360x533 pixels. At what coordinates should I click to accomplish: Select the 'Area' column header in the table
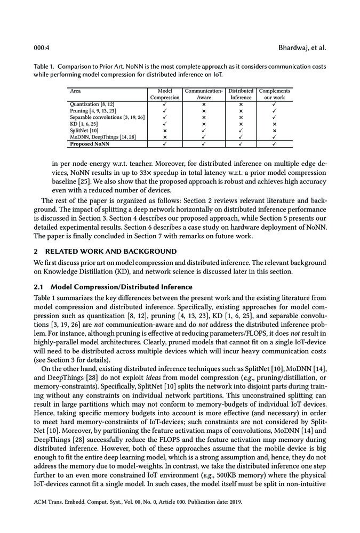[x=75, y=91]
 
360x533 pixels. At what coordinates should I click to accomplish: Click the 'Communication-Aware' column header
[x=204, y=94]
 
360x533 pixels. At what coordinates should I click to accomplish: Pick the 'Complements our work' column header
[x=274, y=94]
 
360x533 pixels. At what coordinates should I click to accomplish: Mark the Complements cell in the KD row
[x=274, y=124]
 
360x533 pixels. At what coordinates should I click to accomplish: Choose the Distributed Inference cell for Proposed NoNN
[x=241, y=143]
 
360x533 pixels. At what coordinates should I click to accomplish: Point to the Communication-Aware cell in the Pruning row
[x=204, y=110]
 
